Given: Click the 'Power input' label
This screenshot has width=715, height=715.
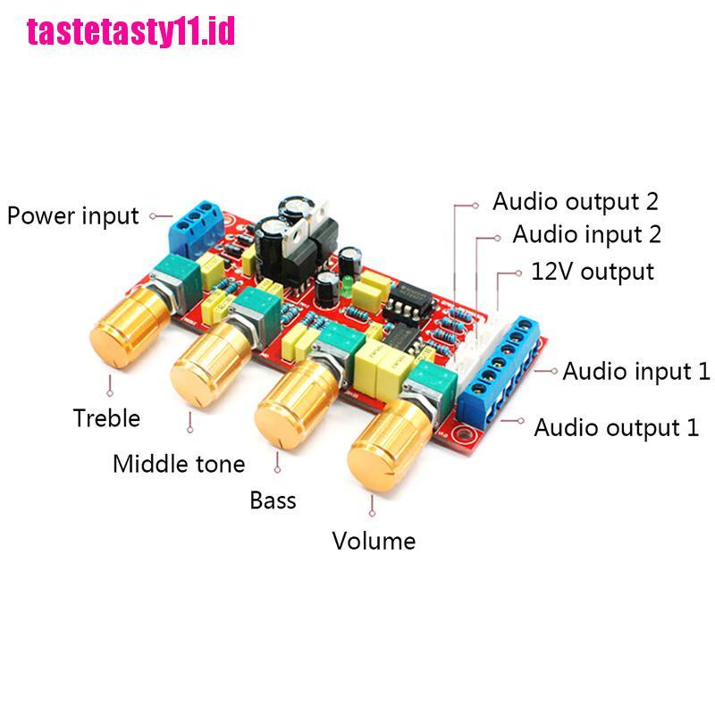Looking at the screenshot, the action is pyautogui.click(x=73, y=216).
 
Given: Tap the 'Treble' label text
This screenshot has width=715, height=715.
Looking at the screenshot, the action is pyautogui.click(x=106, y=418).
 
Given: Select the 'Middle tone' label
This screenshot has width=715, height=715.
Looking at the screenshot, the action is pyautogui.click(x=179, y=464).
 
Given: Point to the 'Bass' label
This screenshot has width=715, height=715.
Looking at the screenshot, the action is pyautogui.click(x=273, y=500).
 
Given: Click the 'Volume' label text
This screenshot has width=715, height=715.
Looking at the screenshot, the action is pyautogui.click(x=374, y=542).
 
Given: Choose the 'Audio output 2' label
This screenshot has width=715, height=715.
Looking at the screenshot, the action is pyautogui.click(x=576, y=202).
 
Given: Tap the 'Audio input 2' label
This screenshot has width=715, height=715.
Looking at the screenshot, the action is pyautogui.click(x=587, y=234).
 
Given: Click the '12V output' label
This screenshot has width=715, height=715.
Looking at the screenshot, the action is pyautogui.click(x=593, y=272).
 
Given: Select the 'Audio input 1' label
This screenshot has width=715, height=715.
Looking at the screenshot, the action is pyautogui.click(x=636, y=371).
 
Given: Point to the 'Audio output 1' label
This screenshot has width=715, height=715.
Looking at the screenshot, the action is pyautogui.click(x=617, y=428).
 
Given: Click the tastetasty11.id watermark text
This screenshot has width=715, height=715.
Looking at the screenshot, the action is pyautogui.click(x=130, y=31).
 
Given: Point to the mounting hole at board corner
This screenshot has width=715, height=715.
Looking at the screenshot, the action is pyautogui.click(x=463, y=433).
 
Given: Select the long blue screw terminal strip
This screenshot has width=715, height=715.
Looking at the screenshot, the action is pyautogui.click(x=500, y=372).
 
